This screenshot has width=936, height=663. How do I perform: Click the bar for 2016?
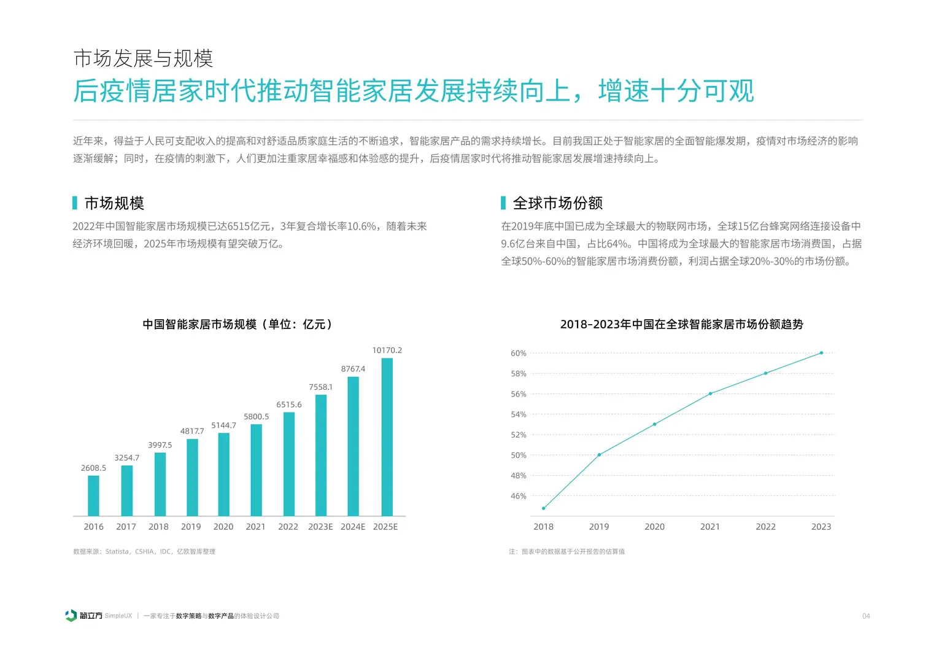pos(93,495)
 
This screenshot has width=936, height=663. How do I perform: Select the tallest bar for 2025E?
pos(387,437)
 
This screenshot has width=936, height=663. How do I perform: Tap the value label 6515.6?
pos(288,405)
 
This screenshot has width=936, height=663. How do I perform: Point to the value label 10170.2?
pos(387,351)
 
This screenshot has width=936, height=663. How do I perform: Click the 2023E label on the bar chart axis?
pos(320,527)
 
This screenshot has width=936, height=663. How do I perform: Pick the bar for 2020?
pos(223,475)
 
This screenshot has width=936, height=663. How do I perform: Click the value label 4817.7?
pos(192,432)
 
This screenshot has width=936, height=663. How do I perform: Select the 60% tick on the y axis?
pos(518,354)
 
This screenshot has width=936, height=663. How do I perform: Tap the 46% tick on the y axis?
pos(518,496)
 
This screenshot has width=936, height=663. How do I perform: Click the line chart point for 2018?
pos(543,508)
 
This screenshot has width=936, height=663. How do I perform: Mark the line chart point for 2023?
pos(821,353)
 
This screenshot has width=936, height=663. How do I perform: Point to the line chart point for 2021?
pos(710,394)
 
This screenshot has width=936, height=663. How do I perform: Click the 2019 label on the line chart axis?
pos(598,527)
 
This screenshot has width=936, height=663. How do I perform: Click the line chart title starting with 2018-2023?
pos(681,324)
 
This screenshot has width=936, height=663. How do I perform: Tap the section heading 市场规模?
pos(114,203)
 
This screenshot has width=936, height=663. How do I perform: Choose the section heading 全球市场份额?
pos(557,203)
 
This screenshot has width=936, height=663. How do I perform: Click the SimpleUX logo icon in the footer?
pos(71,616)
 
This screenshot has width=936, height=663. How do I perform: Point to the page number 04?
pos(865,616)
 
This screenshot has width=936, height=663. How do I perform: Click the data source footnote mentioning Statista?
pos(144,552)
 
